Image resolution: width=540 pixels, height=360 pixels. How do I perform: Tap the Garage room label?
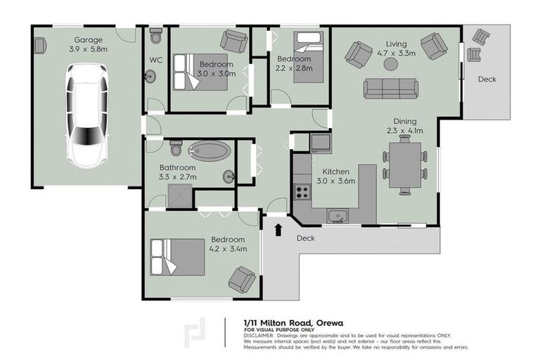pyautogui.click(x=89, y=40)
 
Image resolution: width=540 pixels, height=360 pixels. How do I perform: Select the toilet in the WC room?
pyautogui.click(x=155, y=35)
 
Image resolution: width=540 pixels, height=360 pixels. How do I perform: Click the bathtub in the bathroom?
pyautogui.click(x=210, y=150)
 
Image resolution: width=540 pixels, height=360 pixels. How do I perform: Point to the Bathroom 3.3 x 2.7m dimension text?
pyautogui.click(x=178, y=177)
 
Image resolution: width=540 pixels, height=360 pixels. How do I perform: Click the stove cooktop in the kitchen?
pyautogui.click(x=303, y=190)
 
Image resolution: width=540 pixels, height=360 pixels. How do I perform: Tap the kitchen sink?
pyautogui.click(x=337, y=214)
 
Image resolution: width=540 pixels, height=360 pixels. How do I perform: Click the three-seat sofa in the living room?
pyautogui.click(x=390, y=89)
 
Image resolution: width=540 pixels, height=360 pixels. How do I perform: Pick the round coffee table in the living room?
pyautogui.click(x=390, y=64)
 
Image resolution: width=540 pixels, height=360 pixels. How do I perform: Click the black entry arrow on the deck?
pyautogui.click(x=280, y=229)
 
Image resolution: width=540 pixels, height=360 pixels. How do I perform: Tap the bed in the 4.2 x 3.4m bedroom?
pyautogui.click(x=174, y=257)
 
